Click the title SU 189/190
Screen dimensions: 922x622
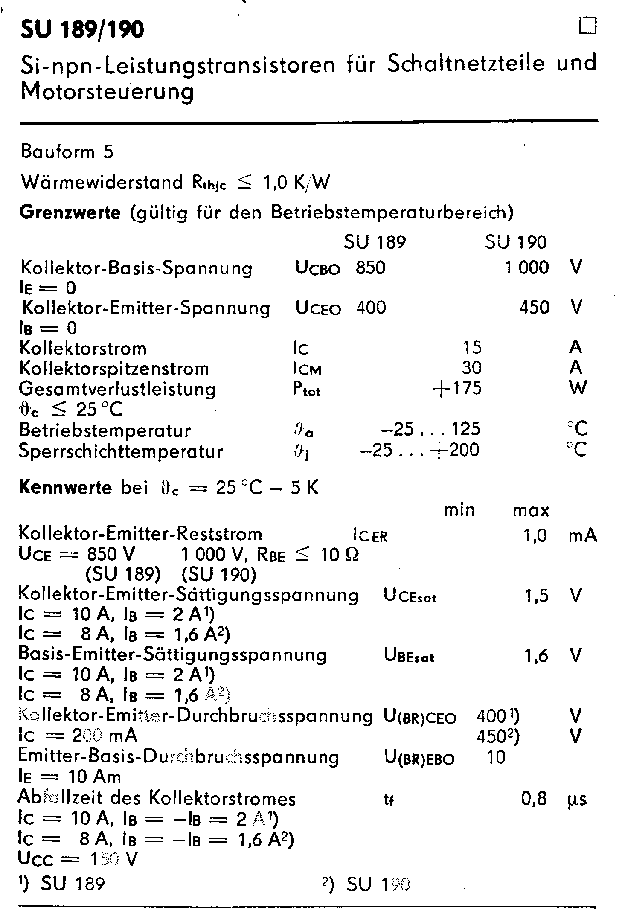click(82, 30)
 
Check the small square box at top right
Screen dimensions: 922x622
click(587, 26)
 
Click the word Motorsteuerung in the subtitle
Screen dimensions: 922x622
click(107, 92)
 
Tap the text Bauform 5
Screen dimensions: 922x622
click(67, 152)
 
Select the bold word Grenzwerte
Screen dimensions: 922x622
click(70, 212)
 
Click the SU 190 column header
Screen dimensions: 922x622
click(515, 242)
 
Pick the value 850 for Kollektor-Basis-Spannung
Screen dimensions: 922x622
click(371, 268)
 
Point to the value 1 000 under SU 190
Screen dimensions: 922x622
click(527, 268)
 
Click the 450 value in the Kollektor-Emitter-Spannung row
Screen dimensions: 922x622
click(534, 308)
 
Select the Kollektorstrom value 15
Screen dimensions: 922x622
click(472, 348)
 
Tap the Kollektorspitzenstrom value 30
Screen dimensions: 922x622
click(471, 368)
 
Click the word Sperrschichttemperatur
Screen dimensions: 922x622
click(121, 451)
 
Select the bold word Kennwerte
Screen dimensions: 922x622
click(65, 488)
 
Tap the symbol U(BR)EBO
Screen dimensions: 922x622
click(419, 758)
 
